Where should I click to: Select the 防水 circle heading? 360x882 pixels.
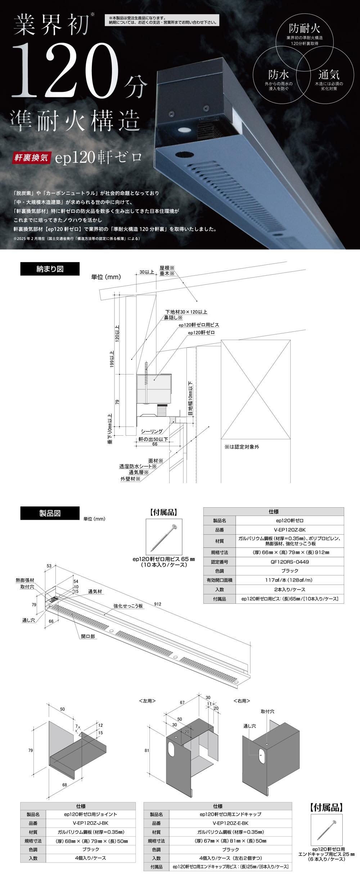278,75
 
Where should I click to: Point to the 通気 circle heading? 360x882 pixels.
328,75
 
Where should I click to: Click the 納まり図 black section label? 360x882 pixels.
50,269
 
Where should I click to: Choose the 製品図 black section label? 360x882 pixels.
50,513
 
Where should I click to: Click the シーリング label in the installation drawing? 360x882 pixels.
152,431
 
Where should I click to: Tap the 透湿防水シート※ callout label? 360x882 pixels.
138,466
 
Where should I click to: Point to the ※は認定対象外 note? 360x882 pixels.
242,447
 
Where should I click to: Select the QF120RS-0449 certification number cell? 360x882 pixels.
289,562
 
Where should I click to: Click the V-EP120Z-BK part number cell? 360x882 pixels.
289,530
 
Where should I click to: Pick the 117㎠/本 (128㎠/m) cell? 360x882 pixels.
289,580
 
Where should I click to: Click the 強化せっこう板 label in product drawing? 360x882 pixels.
128,606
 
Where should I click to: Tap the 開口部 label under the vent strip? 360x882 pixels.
88,636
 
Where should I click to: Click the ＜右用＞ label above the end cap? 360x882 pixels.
242,701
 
